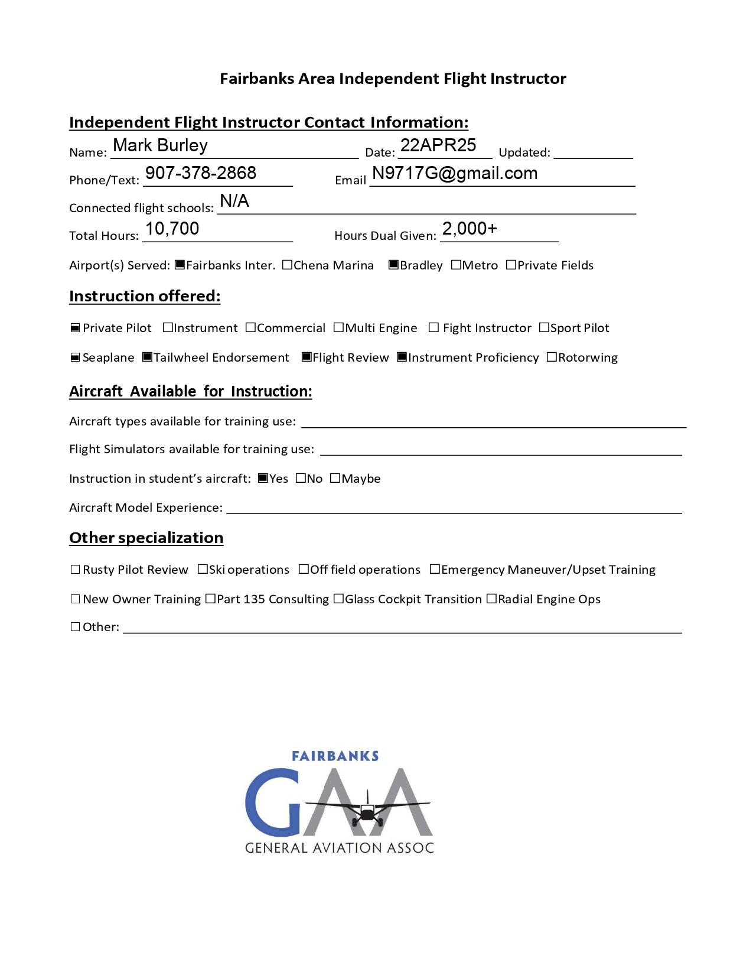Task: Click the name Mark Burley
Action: pyautogui.click(x=160, y=145)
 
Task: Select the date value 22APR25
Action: pyautogui.click(x=438, y=145)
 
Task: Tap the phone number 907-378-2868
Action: pyautogui.click(x=200, y=173)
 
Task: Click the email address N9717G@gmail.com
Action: pyautogui.click(x=454, y=173)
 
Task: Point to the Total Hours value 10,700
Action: pyautogui.click(x=172, y=229)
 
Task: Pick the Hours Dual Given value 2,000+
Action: pyautogui.click(x=470, y=229)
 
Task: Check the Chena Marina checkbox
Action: pyautogui.click(x=287, y=265)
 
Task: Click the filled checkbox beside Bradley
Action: pyautogui.click(x=393, y=265)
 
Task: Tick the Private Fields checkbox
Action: pyautogui.click(x=511, y=265)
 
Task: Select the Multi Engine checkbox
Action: pyautogui.click(x=338, y=327)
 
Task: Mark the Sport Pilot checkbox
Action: pyautogui.click(x=544, y=327)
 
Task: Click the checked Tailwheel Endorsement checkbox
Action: pyautogui.click(x=148, y=357)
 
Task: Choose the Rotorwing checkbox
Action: pyautogui.click(x=552, y=357)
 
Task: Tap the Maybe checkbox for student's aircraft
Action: pyautogui.click(x=335, y=478)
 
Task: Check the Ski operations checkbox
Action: pyautogui.click(x=203, y=569)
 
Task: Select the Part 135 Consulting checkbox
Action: pyautogui.click(x=210, y=599)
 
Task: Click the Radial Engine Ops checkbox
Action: pyautogui.click(x=491, y=599)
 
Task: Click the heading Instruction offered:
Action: pyautogui.click(x=145, y=296)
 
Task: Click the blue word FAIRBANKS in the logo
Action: pyautogui.click(x=335, y=756)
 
